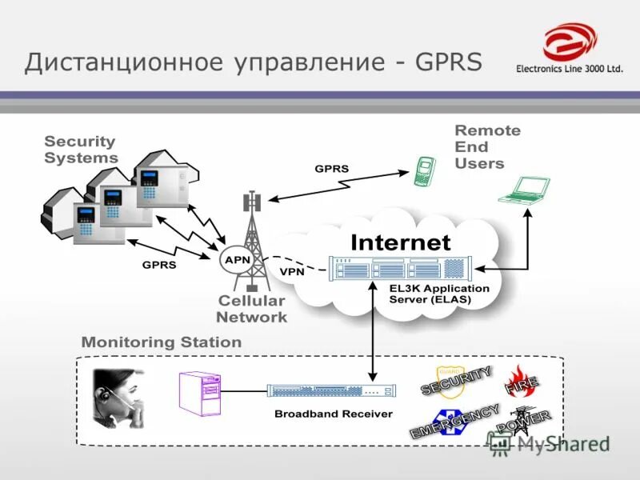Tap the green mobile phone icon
coord(424,172)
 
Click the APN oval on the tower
coord(238,260)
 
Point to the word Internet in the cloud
coord(400,241)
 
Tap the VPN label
coord(291,271)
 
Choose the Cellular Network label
coord(250,309)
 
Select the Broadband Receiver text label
coord(333,414)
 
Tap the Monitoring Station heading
coord(161,342)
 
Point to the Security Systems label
coord(81,150)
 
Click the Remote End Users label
coord(486,146)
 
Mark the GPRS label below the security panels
coord(159,263)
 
